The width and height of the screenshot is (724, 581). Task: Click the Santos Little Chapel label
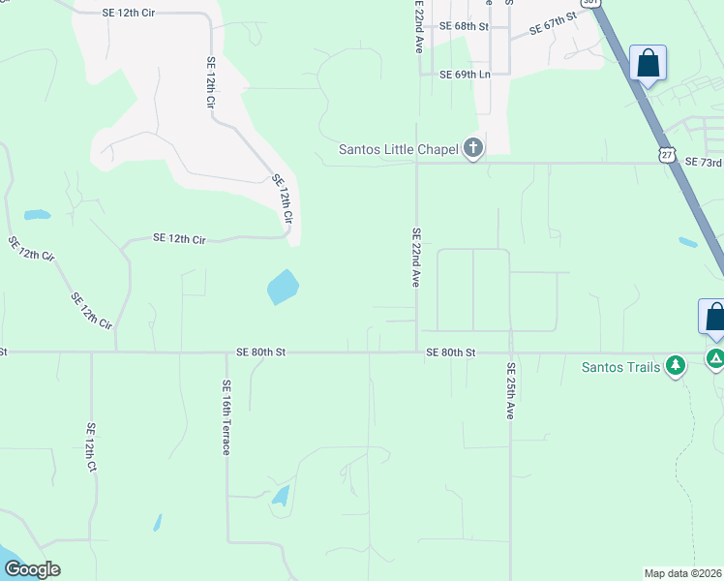398,149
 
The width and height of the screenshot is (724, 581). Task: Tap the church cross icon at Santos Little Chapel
472,148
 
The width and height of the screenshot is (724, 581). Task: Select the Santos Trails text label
620,367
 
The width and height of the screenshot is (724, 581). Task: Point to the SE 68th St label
464,26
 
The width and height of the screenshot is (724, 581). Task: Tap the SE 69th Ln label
465,75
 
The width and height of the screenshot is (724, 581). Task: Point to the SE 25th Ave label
510,391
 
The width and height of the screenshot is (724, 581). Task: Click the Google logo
32,569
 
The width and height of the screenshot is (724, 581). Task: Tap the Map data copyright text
683,572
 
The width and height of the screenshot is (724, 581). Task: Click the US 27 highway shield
664,155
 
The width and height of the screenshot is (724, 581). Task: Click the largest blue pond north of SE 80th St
282,287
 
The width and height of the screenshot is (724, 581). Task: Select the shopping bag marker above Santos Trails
714,317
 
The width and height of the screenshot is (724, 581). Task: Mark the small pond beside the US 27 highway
688,242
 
